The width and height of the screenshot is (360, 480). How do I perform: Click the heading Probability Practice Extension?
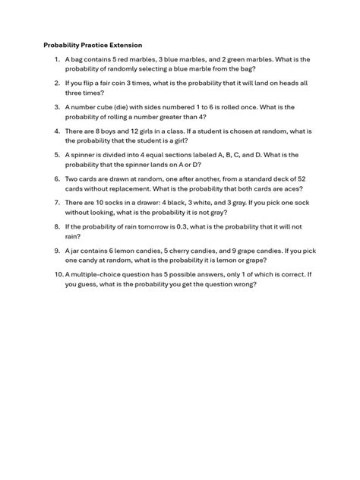pyautogui.click(x=92, y=46)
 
